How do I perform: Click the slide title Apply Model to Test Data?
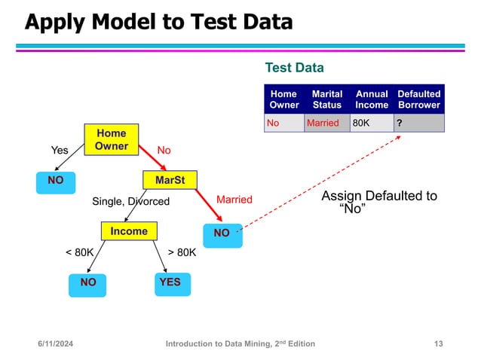[158, 23]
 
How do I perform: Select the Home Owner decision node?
[111, 139]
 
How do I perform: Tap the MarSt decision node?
[170, 181]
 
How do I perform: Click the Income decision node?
[129, 231]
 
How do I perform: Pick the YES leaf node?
[170, 282]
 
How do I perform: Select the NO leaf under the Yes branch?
[55, 181]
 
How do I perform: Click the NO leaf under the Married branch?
[222, 233]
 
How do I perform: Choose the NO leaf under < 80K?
[88, 282]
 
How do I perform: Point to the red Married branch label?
[234, 200]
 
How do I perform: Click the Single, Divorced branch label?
[131, 201]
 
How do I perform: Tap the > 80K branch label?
[181, 253]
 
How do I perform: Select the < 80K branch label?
[79, 253]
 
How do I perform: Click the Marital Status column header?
[326, 99]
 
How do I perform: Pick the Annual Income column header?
[372, 99]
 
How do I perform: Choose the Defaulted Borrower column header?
[418, 99]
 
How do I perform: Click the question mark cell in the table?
[418, 123]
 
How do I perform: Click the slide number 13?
[439, 344]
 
